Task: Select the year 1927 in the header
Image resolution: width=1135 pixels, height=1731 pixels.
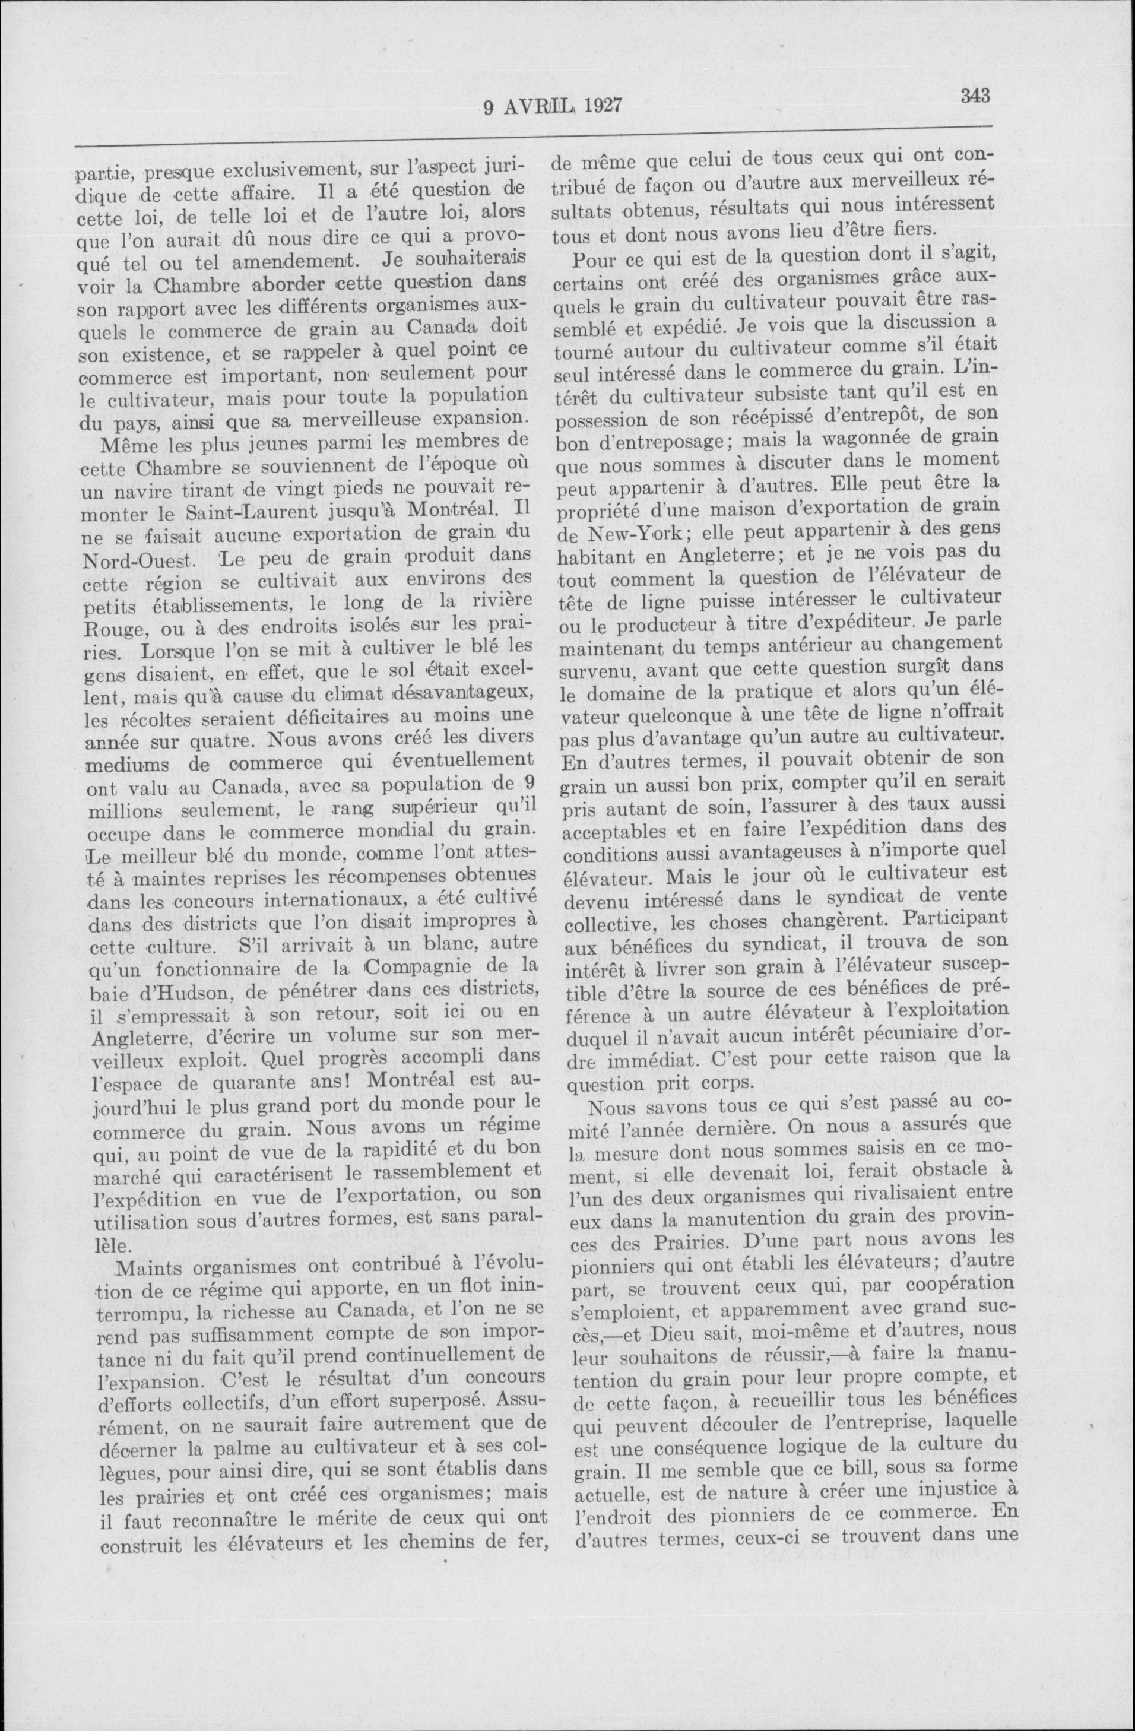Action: tap(601, 107)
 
